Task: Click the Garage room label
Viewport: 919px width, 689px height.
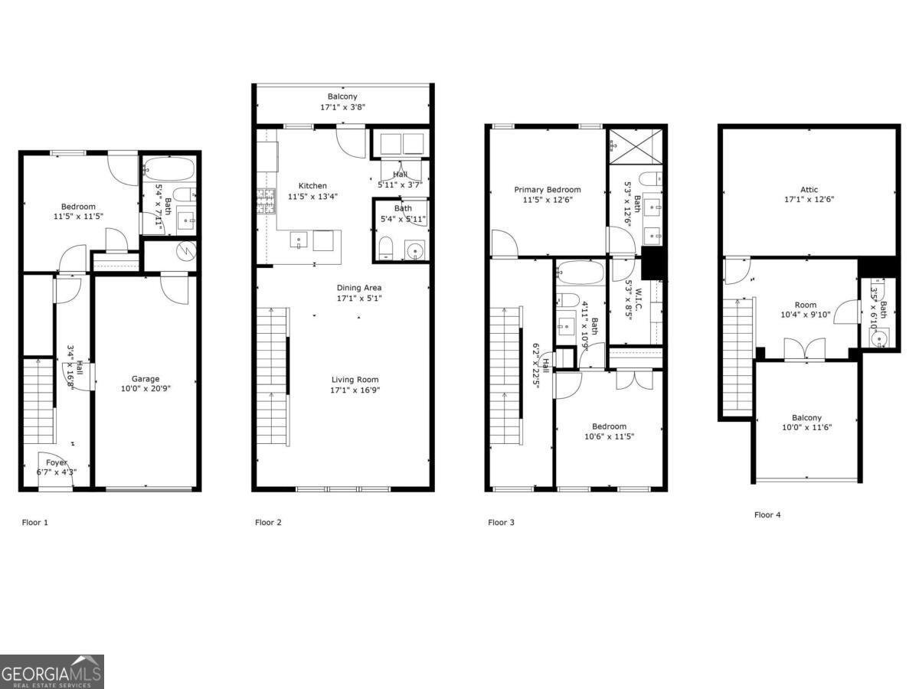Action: pos(145,379)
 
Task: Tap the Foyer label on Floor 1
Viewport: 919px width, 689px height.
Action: pos(56,462)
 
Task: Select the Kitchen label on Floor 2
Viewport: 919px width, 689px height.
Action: pos(312,186)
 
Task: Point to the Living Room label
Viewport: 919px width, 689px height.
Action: pos(355,380)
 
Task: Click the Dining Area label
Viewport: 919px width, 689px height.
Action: pos(359,288)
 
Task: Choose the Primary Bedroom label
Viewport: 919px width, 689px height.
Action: pos(547,190)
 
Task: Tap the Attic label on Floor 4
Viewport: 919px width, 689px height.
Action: pos(809,190)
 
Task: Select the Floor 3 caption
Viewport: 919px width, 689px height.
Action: pos(501,523)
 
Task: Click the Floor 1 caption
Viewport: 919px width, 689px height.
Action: pos(34,523)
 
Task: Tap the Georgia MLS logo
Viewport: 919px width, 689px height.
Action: pos(51,671)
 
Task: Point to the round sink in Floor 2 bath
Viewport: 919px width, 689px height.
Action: pos(414,250)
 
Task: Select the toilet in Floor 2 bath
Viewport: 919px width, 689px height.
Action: pos(387,247)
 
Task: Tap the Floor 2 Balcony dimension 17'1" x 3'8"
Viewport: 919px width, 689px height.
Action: pos(342,108)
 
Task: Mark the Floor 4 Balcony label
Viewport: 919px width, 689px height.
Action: pos(806,417)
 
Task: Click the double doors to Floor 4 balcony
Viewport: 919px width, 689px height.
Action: pos(804,350)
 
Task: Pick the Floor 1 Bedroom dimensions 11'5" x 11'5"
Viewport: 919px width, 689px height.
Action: pos(78,217)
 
